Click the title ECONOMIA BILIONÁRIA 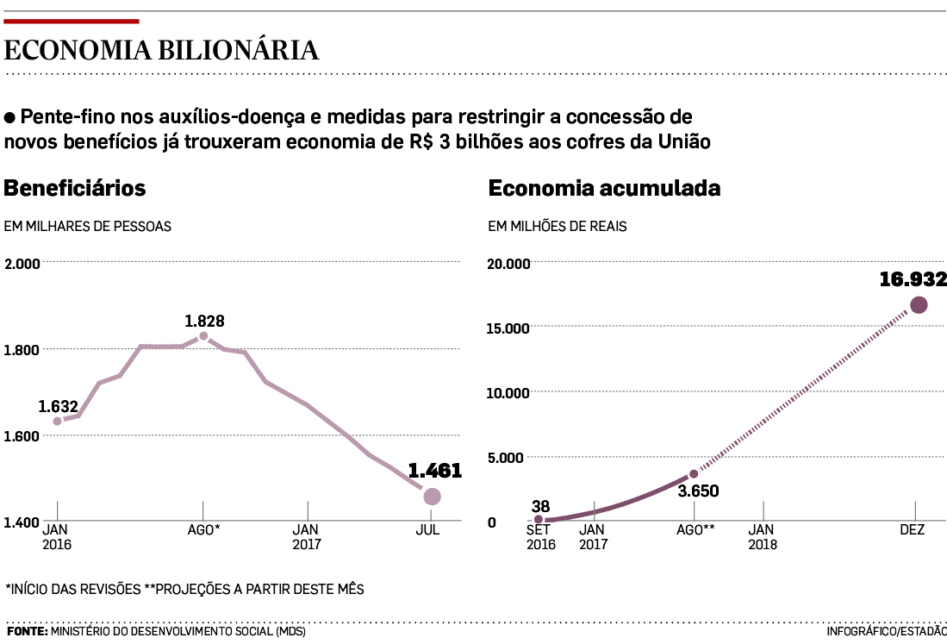(x=161, y=51)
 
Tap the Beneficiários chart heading (x=75, y=188)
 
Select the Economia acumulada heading (x=604, y=188)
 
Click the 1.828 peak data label (x=204, y=322)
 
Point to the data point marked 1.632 (x=58, y=421)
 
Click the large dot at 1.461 (x=432, y=496)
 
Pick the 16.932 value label (x=913, y=279)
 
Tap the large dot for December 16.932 (x=919, y=304)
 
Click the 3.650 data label (x=698, y=491)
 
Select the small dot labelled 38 (x=539, y=519)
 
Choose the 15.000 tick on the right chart (x=509, y=328)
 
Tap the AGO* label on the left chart (x=204, y=530)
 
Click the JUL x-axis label (x=427, y=530)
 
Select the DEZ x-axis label (x=913, y=530)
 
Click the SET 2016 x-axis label (x=541, y=537)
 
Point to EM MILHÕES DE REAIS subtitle (x=558, y=227)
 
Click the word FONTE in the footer (x=27, y=632)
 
